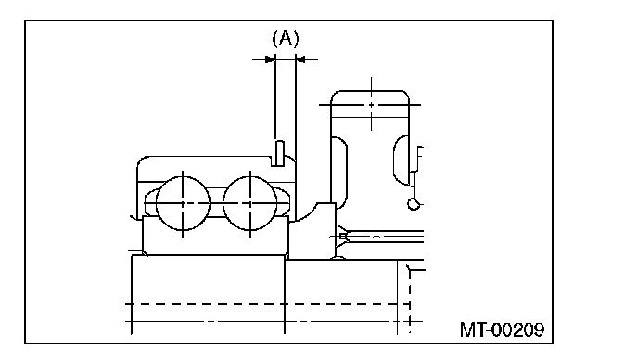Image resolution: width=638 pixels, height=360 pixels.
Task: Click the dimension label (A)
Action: point(286,38)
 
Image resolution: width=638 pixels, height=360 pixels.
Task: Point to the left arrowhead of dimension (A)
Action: point(270,59)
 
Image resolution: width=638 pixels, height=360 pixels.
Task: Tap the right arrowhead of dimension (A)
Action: point(300,59)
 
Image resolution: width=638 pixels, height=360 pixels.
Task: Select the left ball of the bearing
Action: point(183,203)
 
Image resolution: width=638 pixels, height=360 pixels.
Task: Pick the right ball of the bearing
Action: point(250,203)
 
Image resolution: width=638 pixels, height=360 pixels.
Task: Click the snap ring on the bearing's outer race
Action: point(279,153)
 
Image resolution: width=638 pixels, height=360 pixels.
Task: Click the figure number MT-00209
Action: point(502,329)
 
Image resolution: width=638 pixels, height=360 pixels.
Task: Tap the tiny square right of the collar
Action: point(343,236)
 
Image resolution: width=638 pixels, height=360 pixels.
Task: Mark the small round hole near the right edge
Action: point(414,203)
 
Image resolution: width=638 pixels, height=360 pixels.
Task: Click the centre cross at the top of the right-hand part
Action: point(371,105)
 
